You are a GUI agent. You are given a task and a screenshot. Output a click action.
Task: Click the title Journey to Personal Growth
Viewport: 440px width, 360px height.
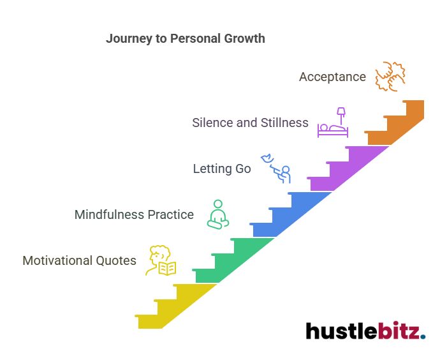[185, 38]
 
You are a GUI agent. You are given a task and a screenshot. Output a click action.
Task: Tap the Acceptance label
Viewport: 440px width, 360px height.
[332, 77]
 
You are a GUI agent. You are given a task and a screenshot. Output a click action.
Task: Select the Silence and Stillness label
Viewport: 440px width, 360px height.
[250, 123]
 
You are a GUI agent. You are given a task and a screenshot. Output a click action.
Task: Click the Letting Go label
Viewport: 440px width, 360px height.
[222, 169]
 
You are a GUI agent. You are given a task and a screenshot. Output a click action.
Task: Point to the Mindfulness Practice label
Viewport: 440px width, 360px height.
[134, 214]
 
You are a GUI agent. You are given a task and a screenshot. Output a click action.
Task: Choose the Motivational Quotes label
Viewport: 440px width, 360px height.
[79, 260]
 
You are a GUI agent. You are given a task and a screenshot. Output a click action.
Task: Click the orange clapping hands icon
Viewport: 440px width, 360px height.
[390, 77]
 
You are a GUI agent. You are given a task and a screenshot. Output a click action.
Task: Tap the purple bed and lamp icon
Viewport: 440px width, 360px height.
[334, 123]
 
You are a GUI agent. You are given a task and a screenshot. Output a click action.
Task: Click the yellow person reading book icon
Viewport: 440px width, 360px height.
[161, 260]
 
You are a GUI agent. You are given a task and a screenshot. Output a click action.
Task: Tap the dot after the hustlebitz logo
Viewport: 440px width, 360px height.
[423, 336]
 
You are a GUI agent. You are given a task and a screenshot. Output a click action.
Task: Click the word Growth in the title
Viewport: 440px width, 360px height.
[244, 38]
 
